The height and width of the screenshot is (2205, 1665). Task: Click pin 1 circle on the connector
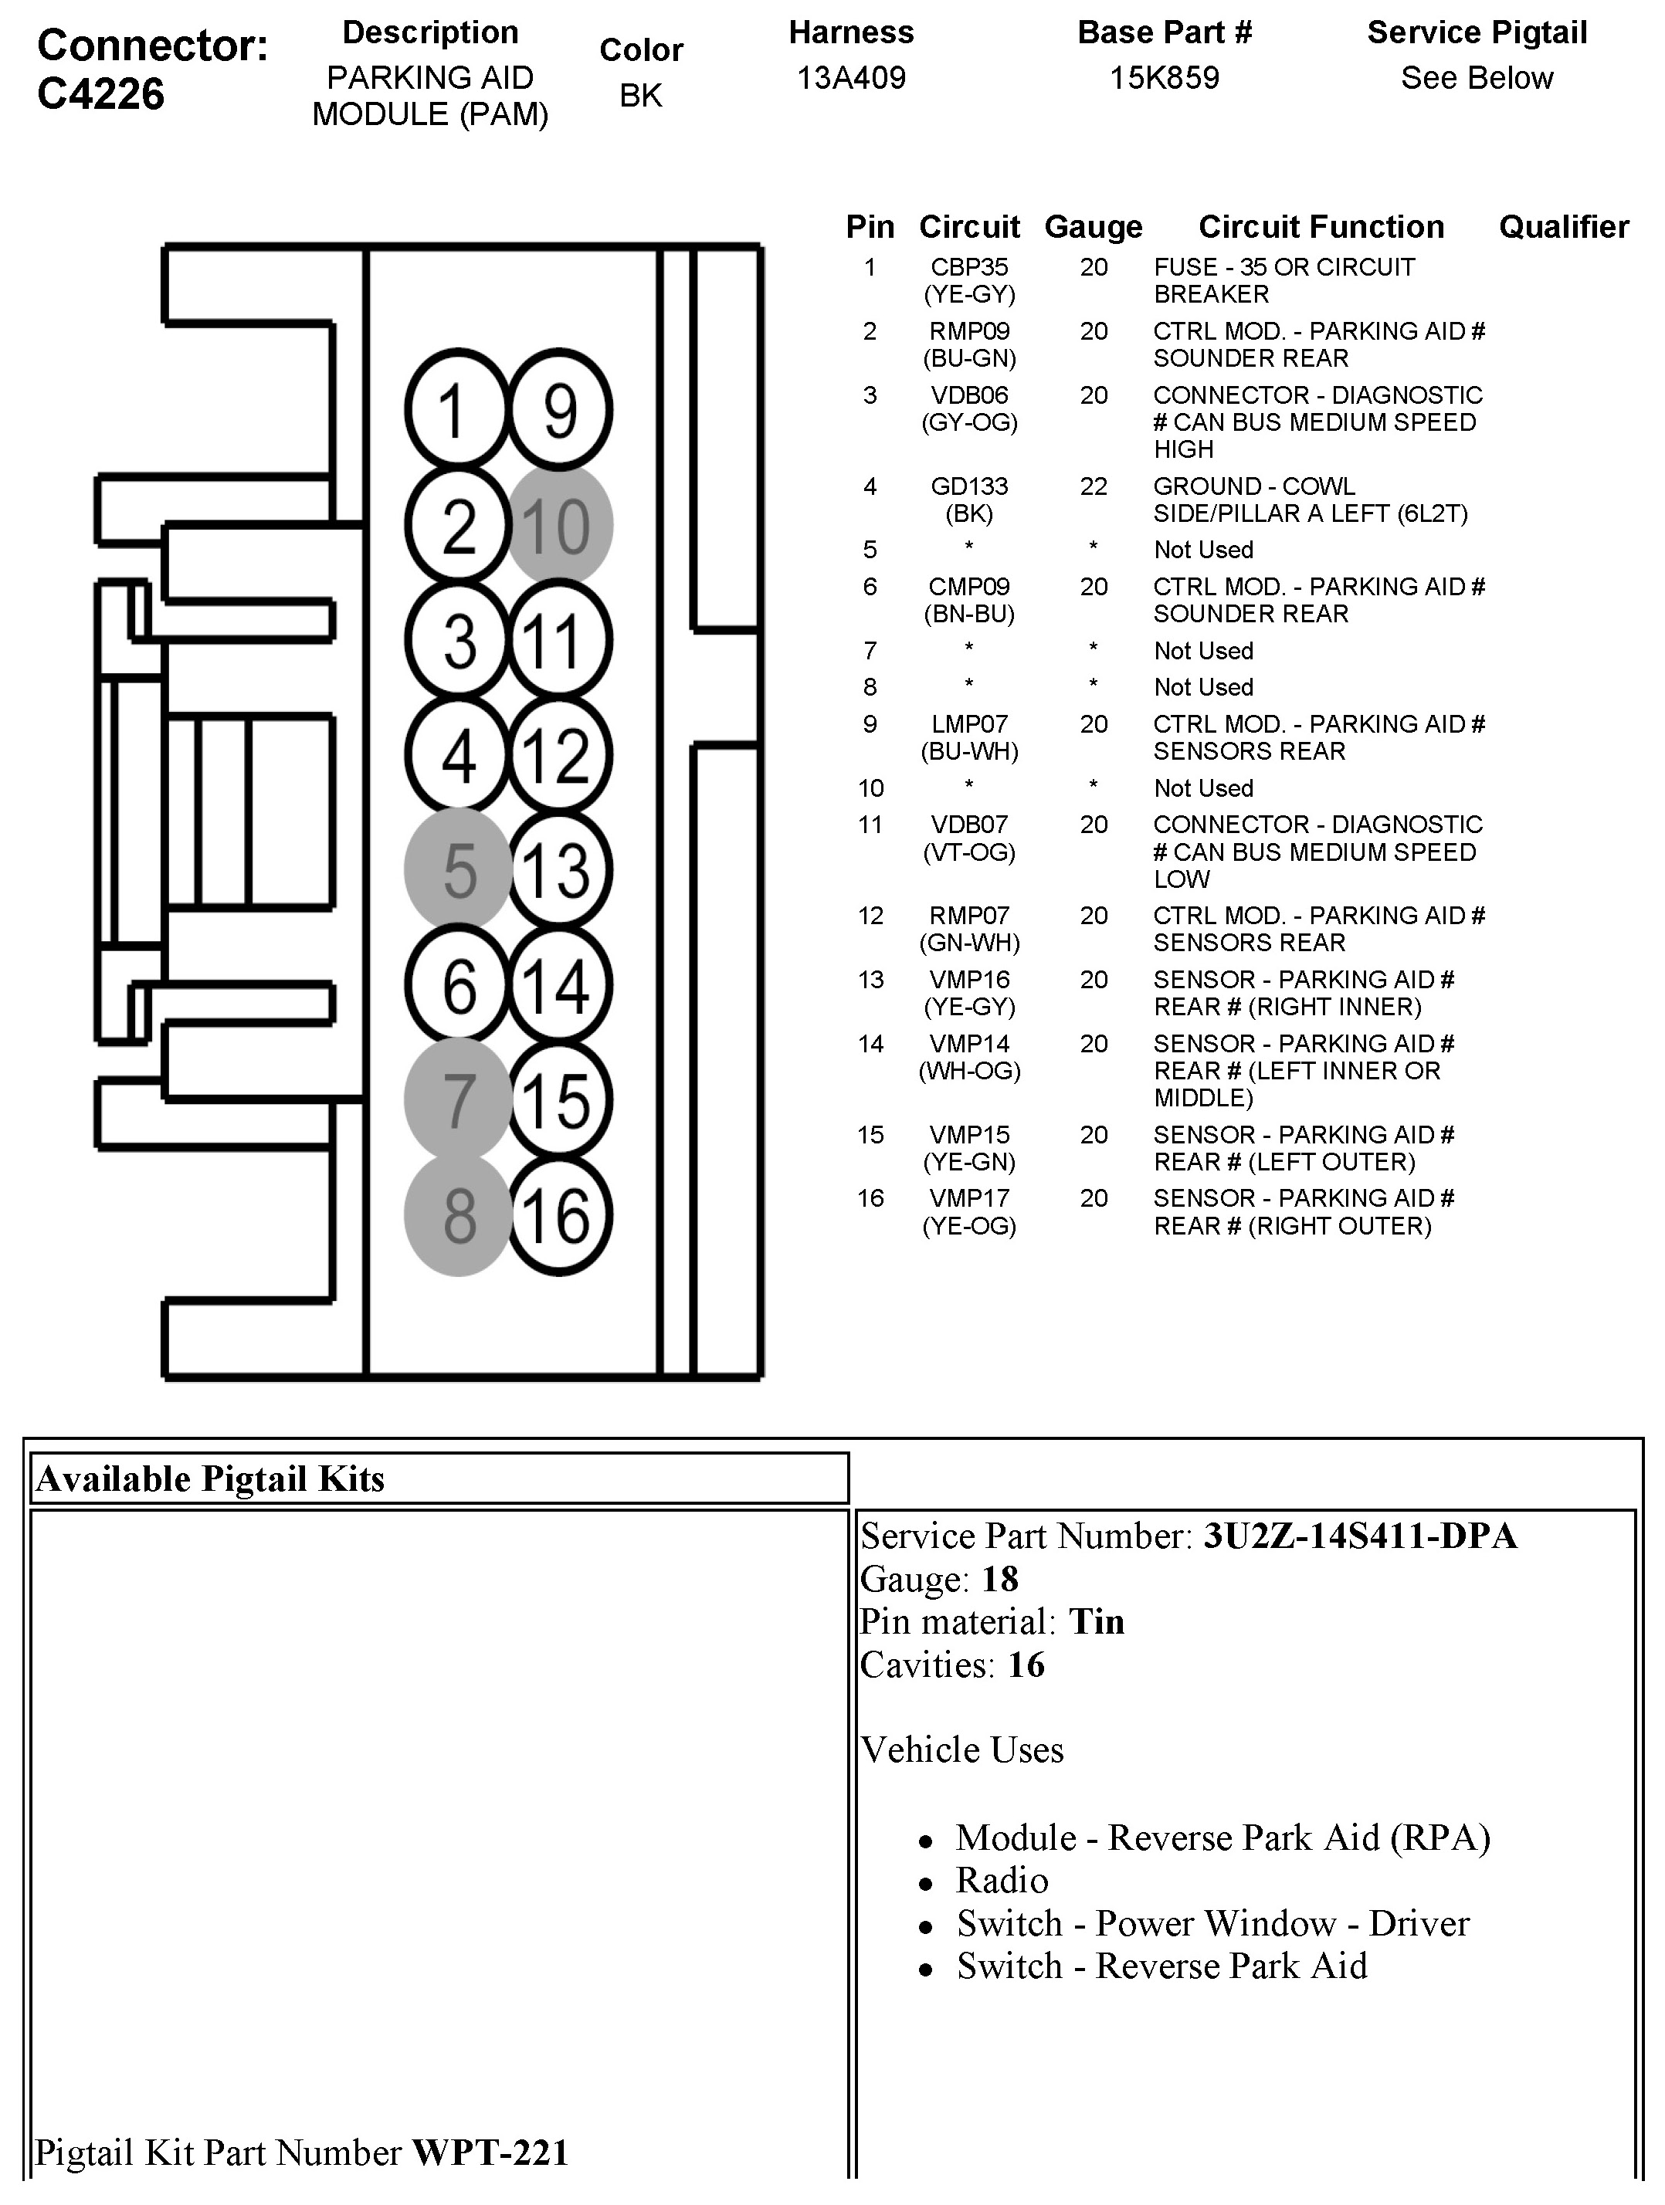pyautogui.click(x=456, y=410)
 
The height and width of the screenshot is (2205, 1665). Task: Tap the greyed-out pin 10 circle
pyautogui.click(x=559, y=525)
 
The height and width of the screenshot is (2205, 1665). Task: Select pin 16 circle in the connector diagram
pyautogui.click(x=559, y=1216)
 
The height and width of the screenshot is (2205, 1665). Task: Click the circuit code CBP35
pyautogui.click(x=969, y=267)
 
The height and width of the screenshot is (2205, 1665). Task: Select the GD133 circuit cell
pyautogui.click(x=969, y=486)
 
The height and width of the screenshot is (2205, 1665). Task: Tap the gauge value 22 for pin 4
pyautogui.click(x=1094, y=486)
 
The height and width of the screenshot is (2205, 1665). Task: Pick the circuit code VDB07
pyautogui.click(x=969, y=825)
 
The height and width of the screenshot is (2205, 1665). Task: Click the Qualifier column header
pyautogui.click(x=1563, y=227)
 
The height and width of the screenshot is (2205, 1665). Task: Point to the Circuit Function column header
pyautogui.click(x=1321, y=227)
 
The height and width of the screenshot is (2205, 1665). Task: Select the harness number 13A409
pyautogui.click(x=850, y=78)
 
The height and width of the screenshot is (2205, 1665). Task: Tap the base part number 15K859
pyautogui.click(x=1165, y=78)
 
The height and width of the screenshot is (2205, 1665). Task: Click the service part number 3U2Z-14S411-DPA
pyautogui.click(x=1360, y=1536)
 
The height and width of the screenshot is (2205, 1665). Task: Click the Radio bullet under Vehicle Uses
pyautogui.click(x=1002, y=1880)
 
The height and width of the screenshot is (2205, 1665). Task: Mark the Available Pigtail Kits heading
pyautogui.click(x=210, y=1478)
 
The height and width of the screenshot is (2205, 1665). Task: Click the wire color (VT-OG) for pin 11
pyautogui.click(x=969, y=852)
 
